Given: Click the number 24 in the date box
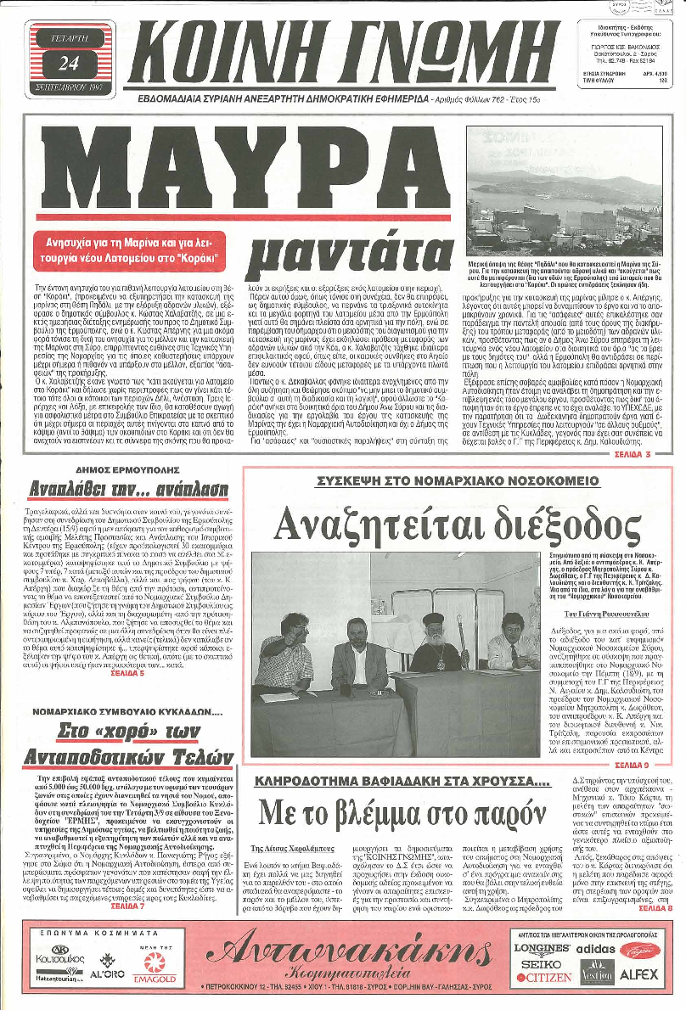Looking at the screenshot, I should coord(69,63).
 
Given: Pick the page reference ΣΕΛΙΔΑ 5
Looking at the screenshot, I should coord(124,655).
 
